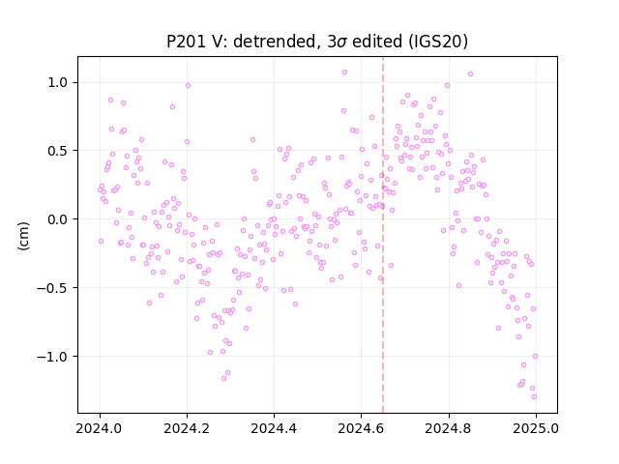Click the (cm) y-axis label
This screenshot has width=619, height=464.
pos(23,236)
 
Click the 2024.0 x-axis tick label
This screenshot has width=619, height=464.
pos(100,428)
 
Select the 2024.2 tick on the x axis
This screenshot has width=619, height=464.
pos(187,428)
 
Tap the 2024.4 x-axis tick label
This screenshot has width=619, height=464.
pos(274,428)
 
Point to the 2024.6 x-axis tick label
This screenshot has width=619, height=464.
pos(361,428)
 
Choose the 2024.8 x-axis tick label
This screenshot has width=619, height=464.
pos(448,428)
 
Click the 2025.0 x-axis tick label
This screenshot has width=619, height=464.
pos(535,428)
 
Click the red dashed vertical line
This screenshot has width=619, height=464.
pos(383,235)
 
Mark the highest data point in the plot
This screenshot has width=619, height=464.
pos(344,72)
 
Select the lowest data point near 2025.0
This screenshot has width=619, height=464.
pos(534,397)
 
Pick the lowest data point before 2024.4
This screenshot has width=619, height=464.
pos(223,378)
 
